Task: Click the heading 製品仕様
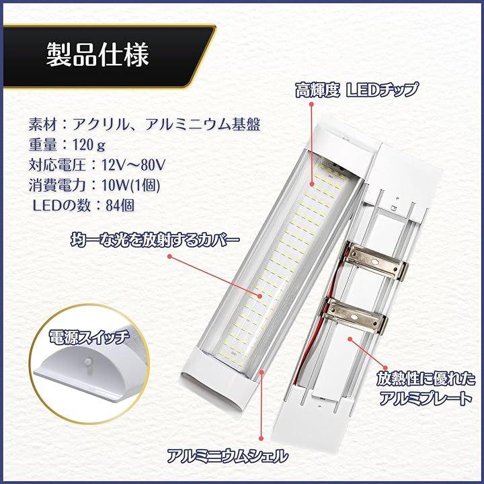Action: [97, 54]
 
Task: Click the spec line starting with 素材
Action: [145, 124]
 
